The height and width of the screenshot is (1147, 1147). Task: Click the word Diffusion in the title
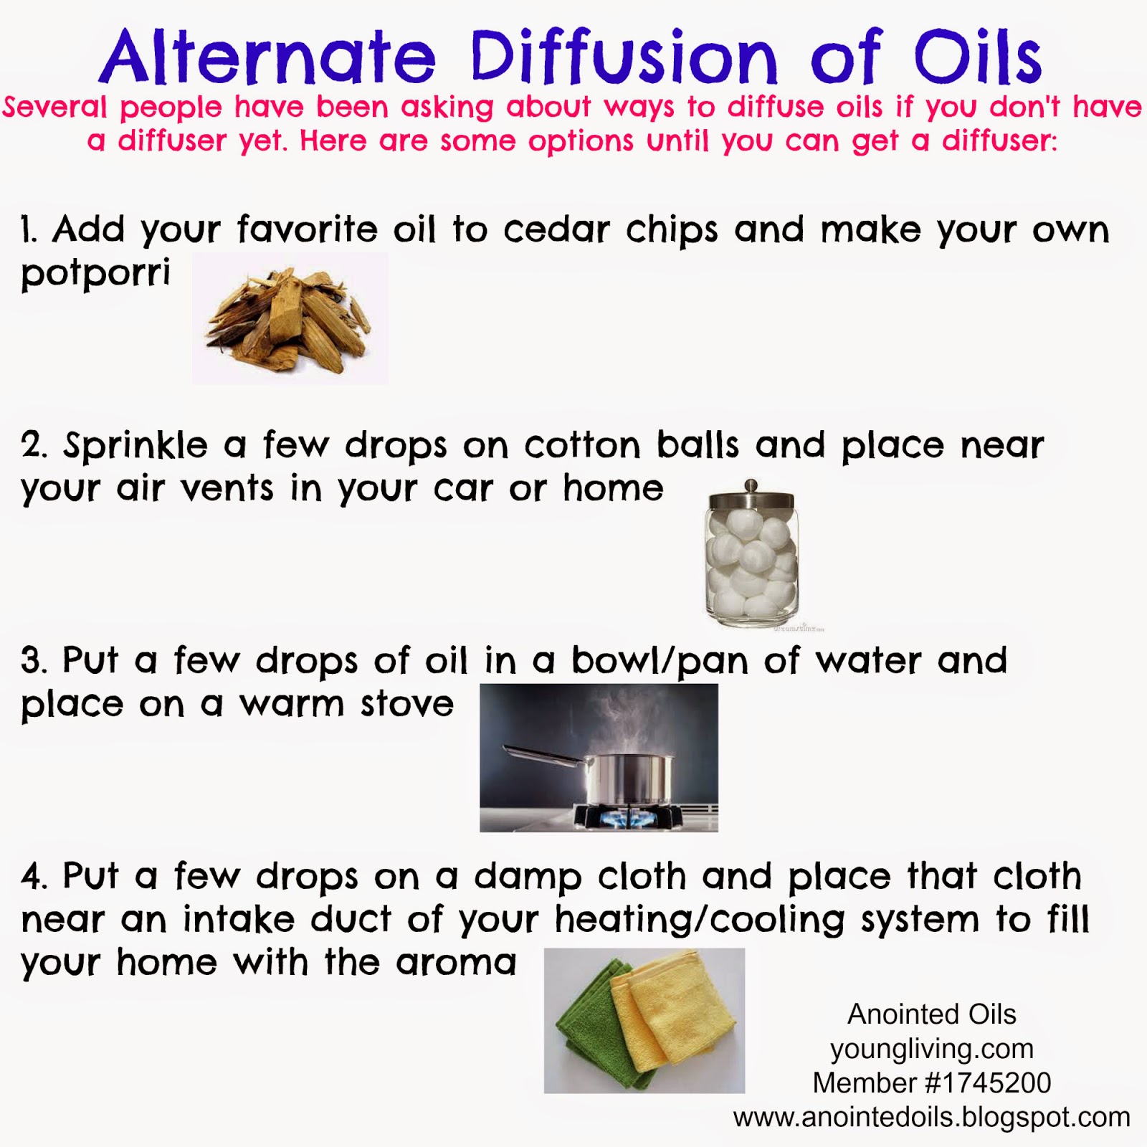(x=624, y=57)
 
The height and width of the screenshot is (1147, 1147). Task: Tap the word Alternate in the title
(x=268, y=57)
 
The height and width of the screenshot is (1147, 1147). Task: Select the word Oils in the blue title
(x=978, y=57)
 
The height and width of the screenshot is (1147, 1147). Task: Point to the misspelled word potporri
(x=96, y=274)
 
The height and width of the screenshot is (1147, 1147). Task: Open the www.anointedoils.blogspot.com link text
(x=931, y=1117)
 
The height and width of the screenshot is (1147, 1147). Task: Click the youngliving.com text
(x=932, y=1049)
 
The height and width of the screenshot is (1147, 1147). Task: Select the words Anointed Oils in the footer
(x=932, y=1014)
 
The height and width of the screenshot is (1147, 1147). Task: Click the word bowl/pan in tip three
(x=660, y=661)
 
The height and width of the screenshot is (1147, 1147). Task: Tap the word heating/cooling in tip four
(x=700, y=920)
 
